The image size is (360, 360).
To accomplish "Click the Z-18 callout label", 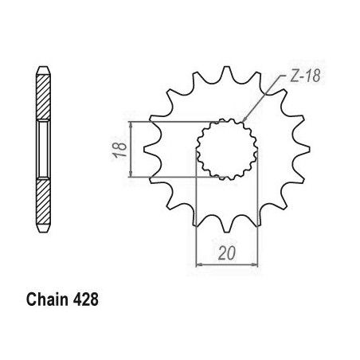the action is point(305,76).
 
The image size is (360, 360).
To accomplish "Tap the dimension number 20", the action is point(227,253).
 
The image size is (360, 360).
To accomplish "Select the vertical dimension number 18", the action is point(120,150).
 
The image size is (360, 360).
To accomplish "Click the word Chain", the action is point(47,299).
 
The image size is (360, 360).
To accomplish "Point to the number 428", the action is point(85,299).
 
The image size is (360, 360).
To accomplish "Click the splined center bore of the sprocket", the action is point(227,149).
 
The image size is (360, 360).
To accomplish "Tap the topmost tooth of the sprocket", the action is point(226,73).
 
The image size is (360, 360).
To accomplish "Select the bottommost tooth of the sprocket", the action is point(227,225).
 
